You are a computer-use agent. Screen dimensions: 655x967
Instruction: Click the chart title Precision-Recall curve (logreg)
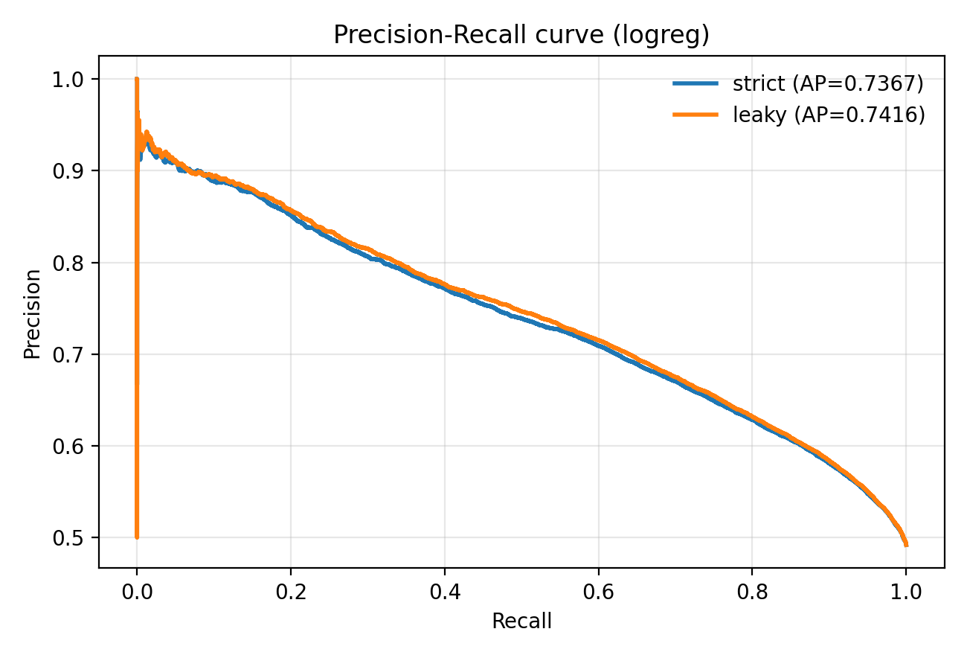(521, 35)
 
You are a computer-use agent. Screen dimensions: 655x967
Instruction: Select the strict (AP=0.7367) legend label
(828, 84)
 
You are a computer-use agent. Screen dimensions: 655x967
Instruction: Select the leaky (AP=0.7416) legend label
(829, 115)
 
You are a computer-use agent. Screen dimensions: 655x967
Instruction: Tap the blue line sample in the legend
(695, 84)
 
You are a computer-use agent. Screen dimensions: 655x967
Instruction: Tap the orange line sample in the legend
(695, 115)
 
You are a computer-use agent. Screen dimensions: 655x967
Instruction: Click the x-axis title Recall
(521, 622)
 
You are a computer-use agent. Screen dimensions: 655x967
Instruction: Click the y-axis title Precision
(32, 315)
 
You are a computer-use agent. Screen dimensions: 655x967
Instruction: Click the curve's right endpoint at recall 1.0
(905, 544)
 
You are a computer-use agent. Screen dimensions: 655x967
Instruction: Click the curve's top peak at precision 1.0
(137, 79)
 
